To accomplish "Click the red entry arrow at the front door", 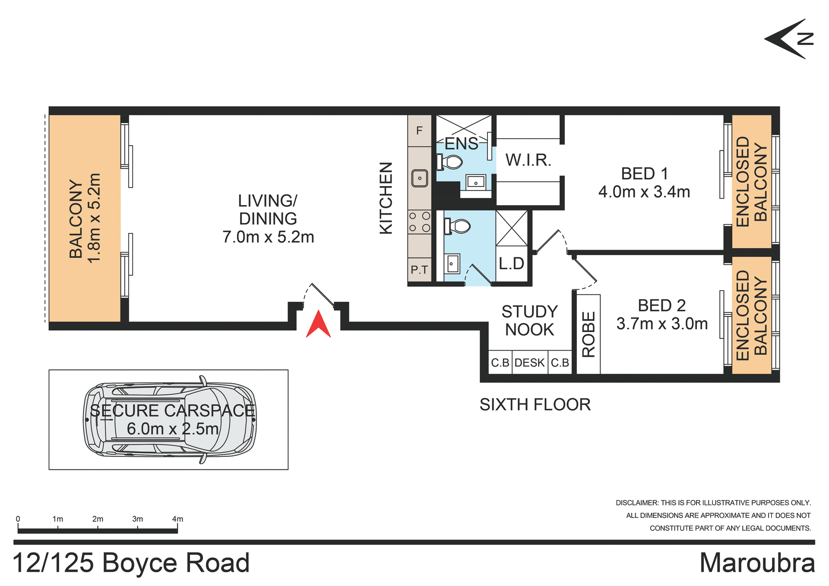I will (x=318, y=324).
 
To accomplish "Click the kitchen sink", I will (x=419, y=178).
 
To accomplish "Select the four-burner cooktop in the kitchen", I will (x=419, y=222).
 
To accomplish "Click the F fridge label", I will (x=419, y=131).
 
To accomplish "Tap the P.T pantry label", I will (x=419, y=270).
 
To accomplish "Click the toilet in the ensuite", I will (x=450, y=162).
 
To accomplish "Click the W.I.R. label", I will (x=528, y=160).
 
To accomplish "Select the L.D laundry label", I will (x=511, y=263).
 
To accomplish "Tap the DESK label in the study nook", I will (x=529, y=363).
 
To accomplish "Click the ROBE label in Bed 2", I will (x=589, y=335).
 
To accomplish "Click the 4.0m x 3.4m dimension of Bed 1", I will (x=644, y=192).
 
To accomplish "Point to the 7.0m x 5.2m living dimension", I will (x=268, y=237).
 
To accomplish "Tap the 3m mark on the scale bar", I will (x=137, y=519).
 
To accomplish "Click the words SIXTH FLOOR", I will (x=535, y=405).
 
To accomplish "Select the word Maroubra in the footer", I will (x=757, y=563).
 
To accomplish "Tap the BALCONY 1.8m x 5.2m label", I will (x=85, y=218).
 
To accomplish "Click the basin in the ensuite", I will (x=475, y=181).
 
